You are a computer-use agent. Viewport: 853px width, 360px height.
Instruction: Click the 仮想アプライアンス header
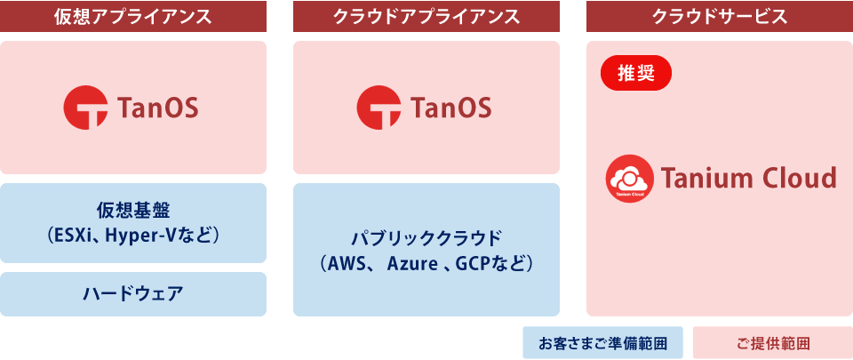[x=133, y=16]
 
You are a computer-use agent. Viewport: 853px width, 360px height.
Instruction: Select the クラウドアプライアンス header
[x=426, y=16]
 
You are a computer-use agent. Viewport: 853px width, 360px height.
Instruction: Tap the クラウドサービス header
[x=720, y=16]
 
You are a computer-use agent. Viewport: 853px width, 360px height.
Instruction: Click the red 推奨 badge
[x=636, y=74]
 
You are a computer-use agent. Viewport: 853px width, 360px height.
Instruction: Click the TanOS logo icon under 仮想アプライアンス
[x=85, y=108]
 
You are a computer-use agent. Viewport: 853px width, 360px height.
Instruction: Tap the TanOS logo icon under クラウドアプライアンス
[x=379, y=108]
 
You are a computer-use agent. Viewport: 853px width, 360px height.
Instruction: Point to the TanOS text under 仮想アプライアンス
[x=158, y=108]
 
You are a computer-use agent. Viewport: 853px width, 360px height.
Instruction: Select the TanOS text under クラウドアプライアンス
[x=451, y=108]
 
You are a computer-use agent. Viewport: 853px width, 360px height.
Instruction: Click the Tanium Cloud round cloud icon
[x=629, y=178]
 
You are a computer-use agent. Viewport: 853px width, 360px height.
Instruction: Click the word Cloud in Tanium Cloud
[x=801, y=178]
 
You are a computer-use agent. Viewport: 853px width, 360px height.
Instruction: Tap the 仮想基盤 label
[x=133, y=212]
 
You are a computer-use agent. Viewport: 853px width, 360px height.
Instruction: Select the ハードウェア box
[x=133, y=294]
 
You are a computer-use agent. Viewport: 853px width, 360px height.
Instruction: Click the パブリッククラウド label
[x=426, y=237]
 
